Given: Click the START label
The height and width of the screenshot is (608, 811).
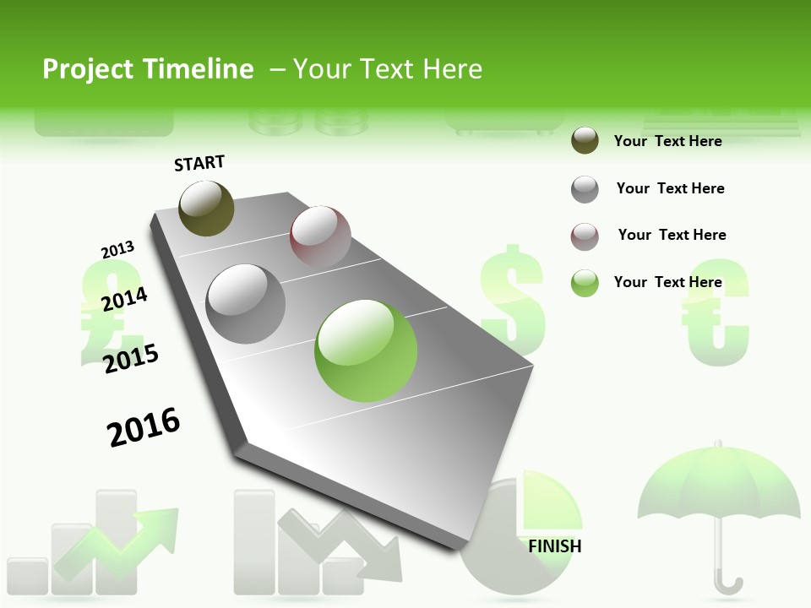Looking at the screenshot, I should [x=199, y=163].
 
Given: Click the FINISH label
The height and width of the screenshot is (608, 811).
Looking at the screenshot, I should [x=554, y=546].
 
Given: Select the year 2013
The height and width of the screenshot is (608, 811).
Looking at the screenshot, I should [x=117, y=250].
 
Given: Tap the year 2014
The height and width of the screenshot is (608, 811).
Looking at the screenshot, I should [x=124, y=299].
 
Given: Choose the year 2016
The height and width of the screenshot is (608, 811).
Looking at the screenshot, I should [x=144, y=427].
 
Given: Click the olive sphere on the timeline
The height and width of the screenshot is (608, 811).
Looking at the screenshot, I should [x=206, y=208].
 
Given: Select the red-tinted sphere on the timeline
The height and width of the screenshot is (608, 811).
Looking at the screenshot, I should [x=320, y=236].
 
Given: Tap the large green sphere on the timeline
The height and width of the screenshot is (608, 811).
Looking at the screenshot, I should [x=366, y=350].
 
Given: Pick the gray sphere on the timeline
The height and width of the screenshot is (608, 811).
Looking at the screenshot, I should [x=246, y=303].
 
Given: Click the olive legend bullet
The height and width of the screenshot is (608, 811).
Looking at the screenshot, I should [x=585, y=141].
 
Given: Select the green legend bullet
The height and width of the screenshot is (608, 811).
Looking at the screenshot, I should [x=585, y=283].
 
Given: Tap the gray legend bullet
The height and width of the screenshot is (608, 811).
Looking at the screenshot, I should [x=585, y=189].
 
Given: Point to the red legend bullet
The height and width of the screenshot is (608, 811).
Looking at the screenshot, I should [x=585, y=236].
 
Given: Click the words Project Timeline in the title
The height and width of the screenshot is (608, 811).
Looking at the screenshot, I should [x=148, y=69].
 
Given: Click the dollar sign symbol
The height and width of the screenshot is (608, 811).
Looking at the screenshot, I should [x=512, y=300].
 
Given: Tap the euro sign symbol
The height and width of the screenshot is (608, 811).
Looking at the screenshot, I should [x=716, y=312].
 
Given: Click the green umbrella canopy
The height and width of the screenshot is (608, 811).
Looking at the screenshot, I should [x=718, y=486].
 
